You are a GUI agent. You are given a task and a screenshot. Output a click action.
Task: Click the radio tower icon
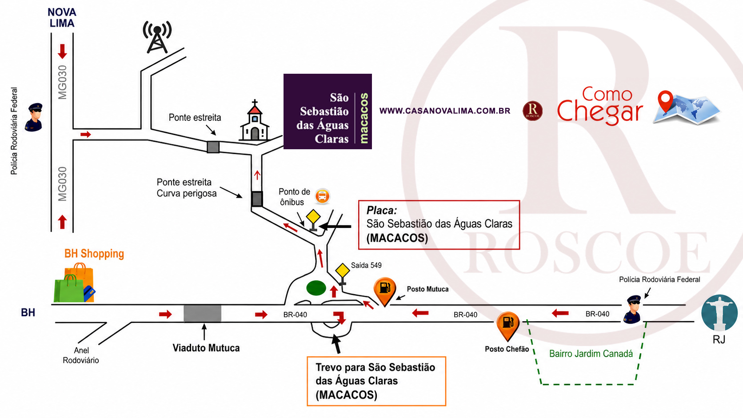click(x=157, y=37)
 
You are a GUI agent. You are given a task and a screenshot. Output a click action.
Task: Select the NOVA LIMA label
click(x=62, y=18)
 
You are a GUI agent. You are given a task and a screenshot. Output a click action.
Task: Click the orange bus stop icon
click(x=323, y=195)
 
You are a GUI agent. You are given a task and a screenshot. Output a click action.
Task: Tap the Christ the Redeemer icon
click(x=719, y=313)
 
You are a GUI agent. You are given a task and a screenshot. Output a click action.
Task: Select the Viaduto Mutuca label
click(x=206, y=348)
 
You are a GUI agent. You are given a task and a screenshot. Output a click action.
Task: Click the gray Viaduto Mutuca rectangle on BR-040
click(x=202, y=313)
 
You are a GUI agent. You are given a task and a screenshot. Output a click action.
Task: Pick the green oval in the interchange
click(x=316, y=288)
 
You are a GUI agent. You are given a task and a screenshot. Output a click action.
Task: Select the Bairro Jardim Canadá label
click(x=591, y=354)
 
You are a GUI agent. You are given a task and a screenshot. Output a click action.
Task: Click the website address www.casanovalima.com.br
click(x=445, y=111)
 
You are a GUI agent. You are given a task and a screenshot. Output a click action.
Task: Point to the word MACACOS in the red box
click(x=397, y=238)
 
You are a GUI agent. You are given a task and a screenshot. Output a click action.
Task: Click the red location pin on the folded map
click(x=665, y=101)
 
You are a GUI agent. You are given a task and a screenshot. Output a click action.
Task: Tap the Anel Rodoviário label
click(x=81, y=355)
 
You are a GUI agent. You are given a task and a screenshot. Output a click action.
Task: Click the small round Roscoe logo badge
click(x=533, y=111)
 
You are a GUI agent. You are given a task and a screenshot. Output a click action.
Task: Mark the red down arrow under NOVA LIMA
click(x=62, y=52)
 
